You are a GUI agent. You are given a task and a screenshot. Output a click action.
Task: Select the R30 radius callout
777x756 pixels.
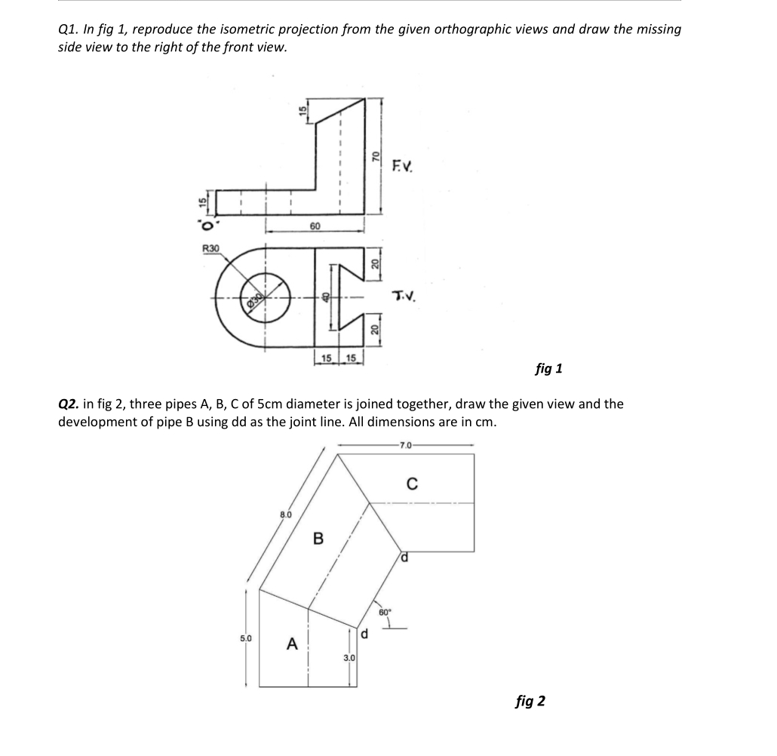[x=210, y=248]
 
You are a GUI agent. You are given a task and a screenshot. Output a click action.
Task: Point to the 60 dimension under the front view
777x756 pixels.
[x=315, y=226]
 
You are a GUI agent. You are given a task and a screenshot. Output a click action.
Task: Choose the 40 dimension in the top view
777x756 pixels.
[x=327, y=297]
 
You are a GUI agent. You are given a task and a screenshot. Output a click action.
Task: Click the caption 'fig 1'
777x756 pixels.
[x=548, y=369]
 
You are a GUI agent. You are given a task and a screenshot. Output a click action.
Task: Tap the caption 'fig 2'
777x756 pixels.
[x=530, y=702]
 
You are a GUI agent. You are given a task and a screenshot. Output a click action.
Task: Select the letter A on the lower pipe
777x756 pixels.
[x=291, y=644]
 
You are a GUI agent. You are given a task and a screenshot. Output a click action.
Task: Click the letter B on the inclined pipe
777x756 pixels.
[x=318, y=539]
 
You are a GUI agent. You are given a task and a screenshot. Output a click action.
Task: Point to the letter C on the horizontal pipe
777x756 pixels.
[x=411, y=484]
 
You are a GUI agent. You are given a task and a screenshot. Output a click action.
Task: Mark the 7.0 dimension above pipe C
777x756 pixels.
[x=406, y=446]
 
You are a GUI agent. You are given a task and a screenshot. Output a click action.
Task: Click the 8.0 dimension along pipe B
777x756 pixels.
[x=284, y=515]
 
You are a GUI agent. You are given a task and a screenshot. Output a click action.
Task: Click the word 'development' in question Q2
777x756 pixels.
[x=97, y=422]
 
